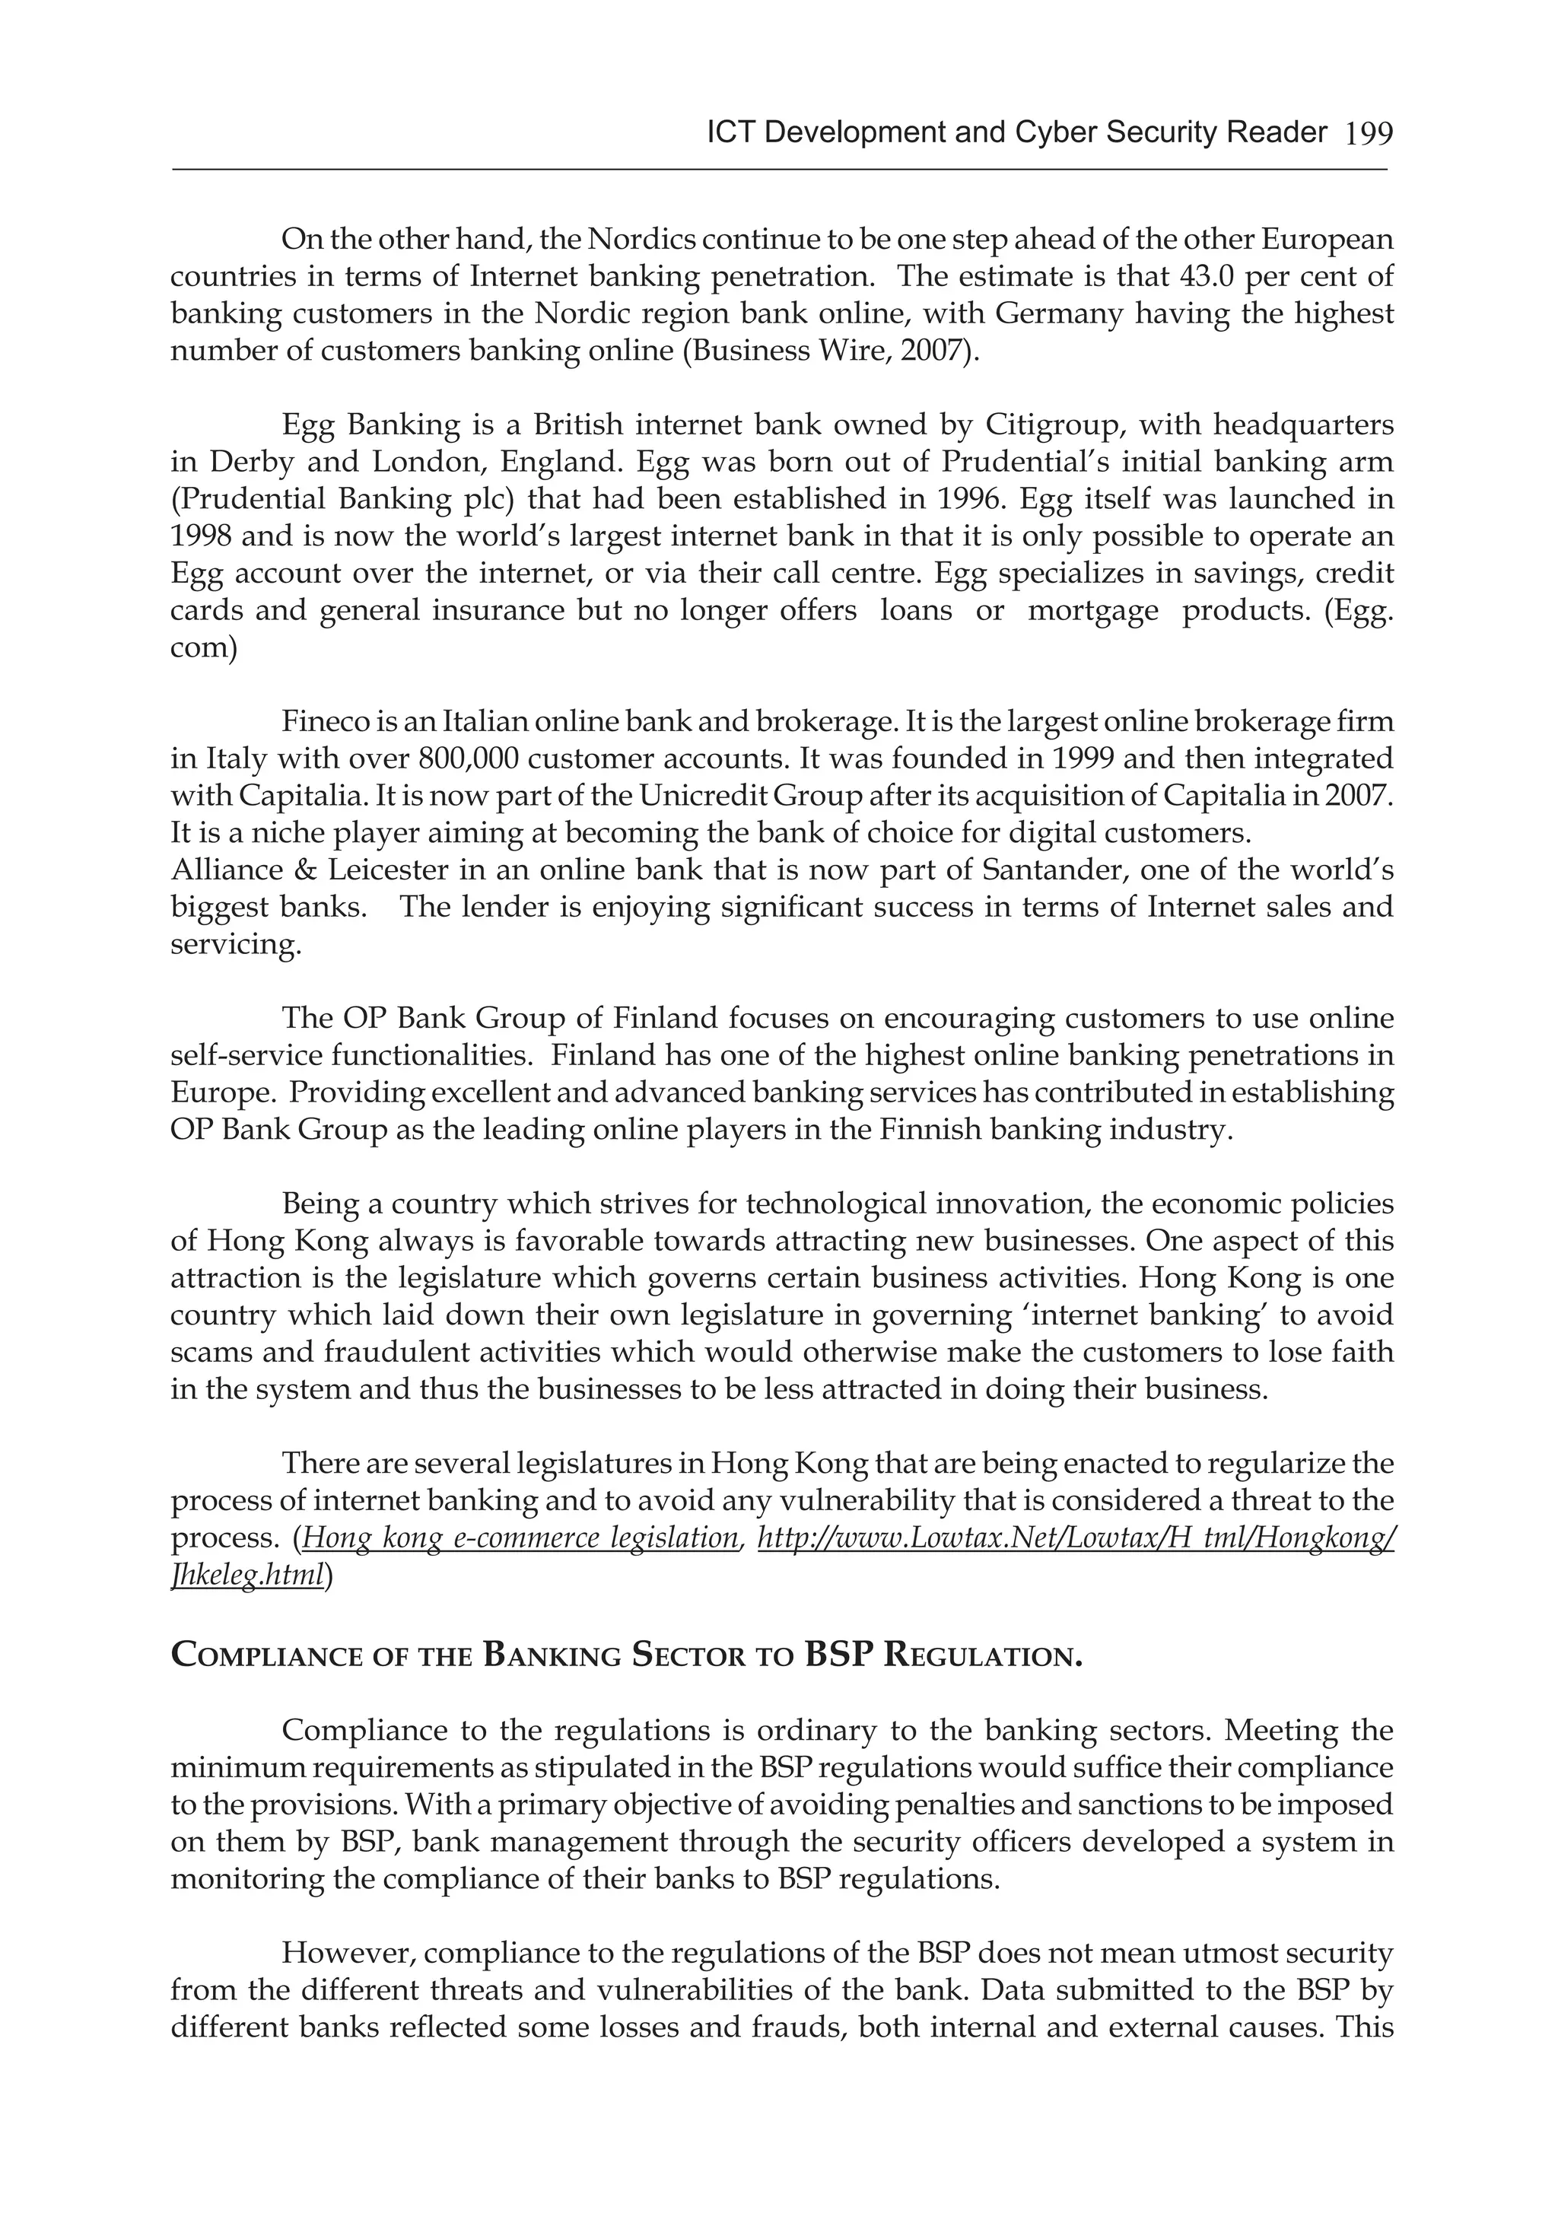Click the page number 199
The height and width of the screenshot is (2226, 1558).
coord(1368,134)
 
